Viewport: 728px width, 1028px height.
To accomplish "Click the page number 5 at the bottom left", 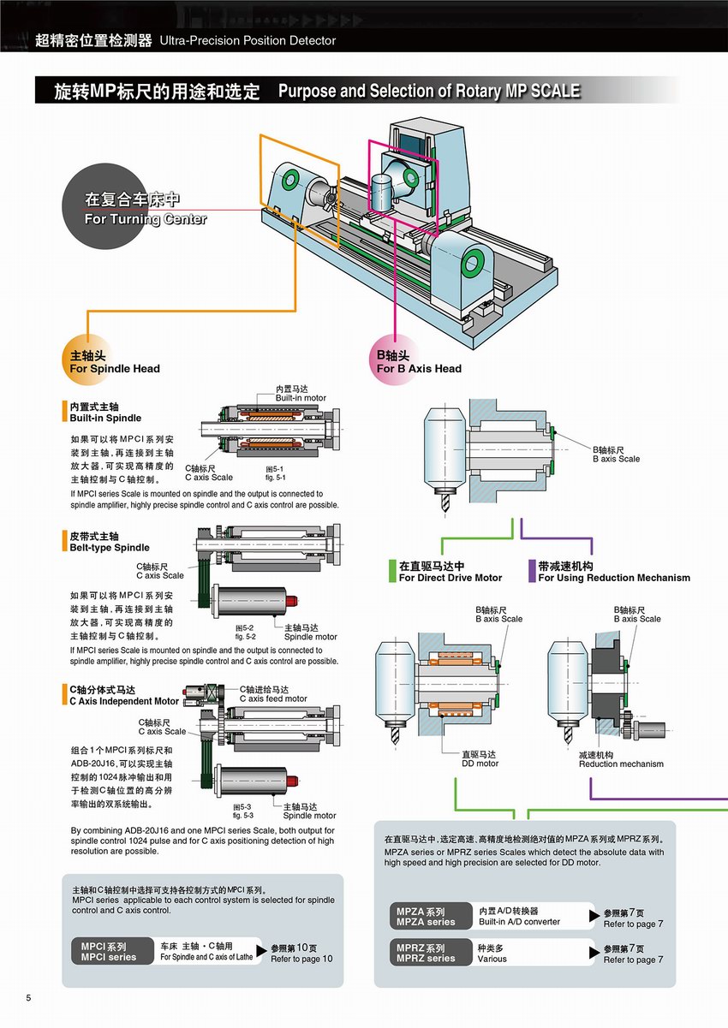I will click(29, 998).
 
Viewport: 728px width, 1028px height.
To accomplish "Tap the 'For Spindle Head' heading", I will click(114, 363).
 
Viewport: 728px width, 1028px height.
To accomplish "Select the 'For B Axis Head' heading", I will click(419, 363).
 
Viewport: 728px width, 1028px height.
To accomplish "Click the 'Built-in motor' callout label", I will click(300, 394).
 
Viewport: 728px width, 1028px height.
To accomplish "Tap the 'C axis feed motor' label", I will click(272, 694).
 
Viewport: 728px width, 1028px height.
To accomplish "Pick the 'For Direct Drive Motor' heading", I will click(451, 572).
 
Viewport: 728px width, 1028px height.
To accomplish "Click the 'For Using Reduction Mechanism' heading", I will click(614, 572).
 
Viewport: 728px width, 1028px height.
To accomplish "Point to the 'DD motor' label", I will click(480, 759).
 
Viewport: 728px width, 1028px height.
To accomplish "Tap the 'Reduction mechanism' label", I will click(621, 759).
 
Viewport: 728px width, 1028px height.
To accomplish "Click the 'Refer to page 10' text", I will click(301, 954).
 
